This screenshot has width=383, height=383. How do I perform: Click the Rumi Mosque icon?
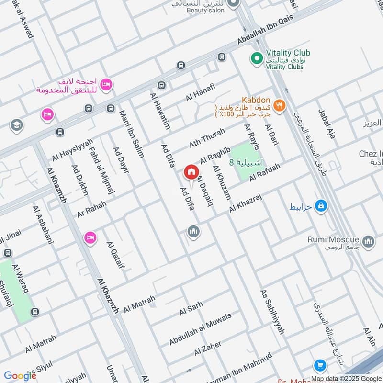368,242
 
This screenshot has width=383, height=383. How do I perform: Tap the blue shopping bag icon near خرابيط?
321,206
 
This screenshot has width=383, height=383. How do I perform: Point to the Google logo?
21,375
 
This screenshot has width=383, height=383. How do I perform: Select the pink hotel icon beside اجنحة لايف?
106,84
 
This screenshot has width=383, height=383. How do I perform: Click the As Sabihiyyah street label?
272,311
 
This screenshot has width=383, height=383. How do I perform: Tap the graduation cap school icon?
16,125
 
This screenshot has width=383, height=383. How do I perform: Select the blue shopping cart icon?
320,366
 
